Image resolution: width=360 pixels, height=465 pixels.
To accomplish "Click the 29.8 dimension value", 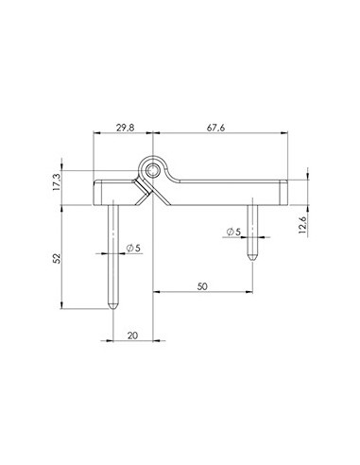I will click(x=123, y=127).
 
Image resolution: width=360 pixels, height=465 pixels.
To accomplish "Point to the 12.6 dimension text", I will click(x=302, y=227).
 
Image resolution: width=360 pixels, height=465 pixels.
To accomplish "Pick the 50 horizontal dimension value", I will click(x=203, y=282).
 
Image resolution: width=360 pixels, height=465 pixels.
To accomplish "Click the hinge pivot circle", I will click(x=152, y=171).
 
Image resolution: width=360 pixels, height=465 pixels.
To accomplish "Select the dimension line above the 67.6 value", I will click(x=218, y=135).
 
